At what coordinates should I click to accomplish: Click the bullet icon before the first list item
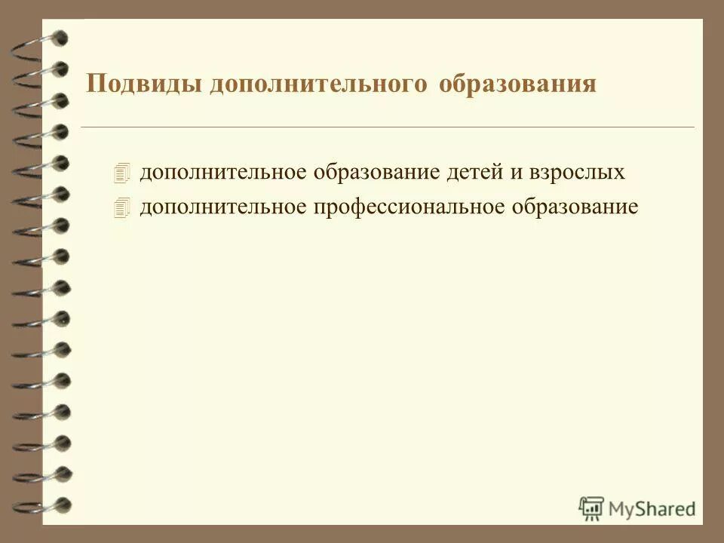point(124,173)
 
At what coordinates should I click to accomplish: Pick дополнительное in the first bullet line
point(222,173)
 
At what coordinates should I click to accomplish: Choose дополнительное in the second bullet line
point(222,207)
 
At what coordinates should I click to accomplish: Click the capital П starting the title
point(95,83)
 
